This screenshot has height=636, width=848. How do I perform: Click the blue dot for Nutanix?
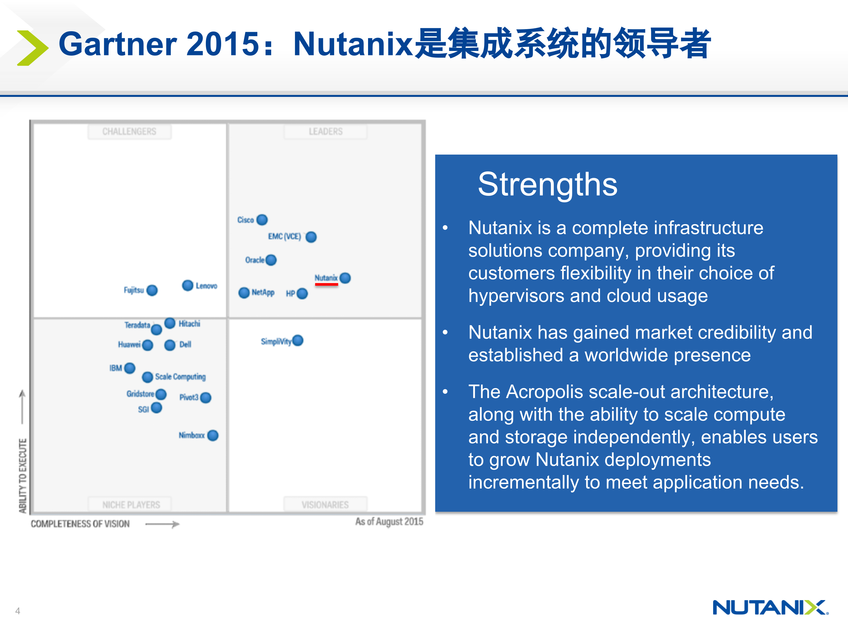345,278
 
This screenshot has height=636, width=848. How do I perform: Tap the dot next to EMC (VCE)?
311,237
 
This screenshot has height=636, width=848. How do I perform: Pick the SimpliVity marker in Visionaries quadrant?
297,340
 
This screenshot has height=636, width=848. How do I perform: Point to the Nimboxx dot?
213,435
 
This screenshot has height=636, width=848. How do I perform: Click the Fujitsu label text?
134,290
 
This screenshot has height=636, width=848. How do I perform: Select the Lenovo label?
206,286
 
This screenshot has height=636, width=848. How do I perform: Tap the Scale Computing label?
180,377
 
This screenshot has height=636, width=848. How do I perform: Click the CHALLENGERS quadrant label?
129,132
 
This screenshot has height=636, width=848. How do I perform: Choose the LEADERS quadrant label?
325,132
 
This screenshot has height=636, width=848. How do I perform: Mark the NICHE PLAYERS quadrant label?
131,504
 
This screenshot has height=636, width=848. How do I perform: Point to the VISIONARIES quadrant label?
325,504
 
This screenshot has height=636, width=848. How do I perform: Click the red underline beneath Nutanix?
326,284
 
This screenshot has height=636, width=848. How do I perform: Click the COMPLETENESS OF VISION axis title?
80,524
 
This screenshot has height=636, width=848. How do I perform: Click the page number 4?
18,611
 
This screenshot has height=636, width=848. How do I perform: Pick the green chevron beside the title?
33,48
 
